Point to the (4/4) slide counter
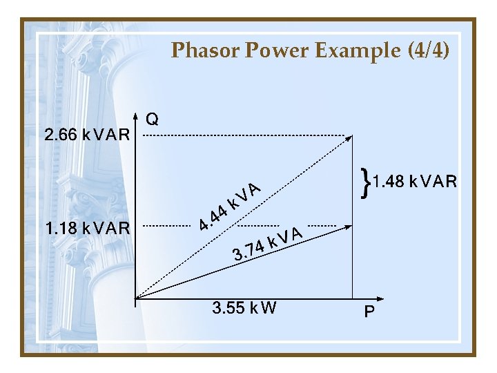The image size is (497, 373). (425, 50)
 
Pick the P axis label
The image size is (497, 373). (370, 312)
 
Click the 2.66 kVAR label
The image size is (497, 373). (87, 135)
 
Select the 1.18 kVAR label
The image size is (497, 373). (87, 227)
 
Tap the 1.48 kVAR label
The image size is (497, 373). (415, 182)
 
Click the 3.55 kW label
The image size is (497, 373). (245, 308)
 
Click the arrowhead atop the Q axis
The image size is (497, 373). (137, 117)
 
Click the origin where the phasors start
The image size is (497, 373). (137, 299)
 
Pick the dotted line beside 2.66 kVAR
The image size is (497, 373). (248, 136)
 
